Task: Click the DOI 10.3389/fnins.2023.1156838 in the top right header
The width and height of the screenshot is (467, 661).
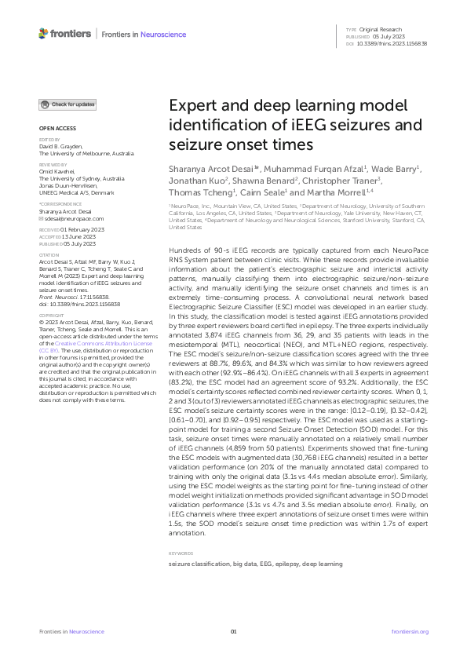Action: click(393, 43)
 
